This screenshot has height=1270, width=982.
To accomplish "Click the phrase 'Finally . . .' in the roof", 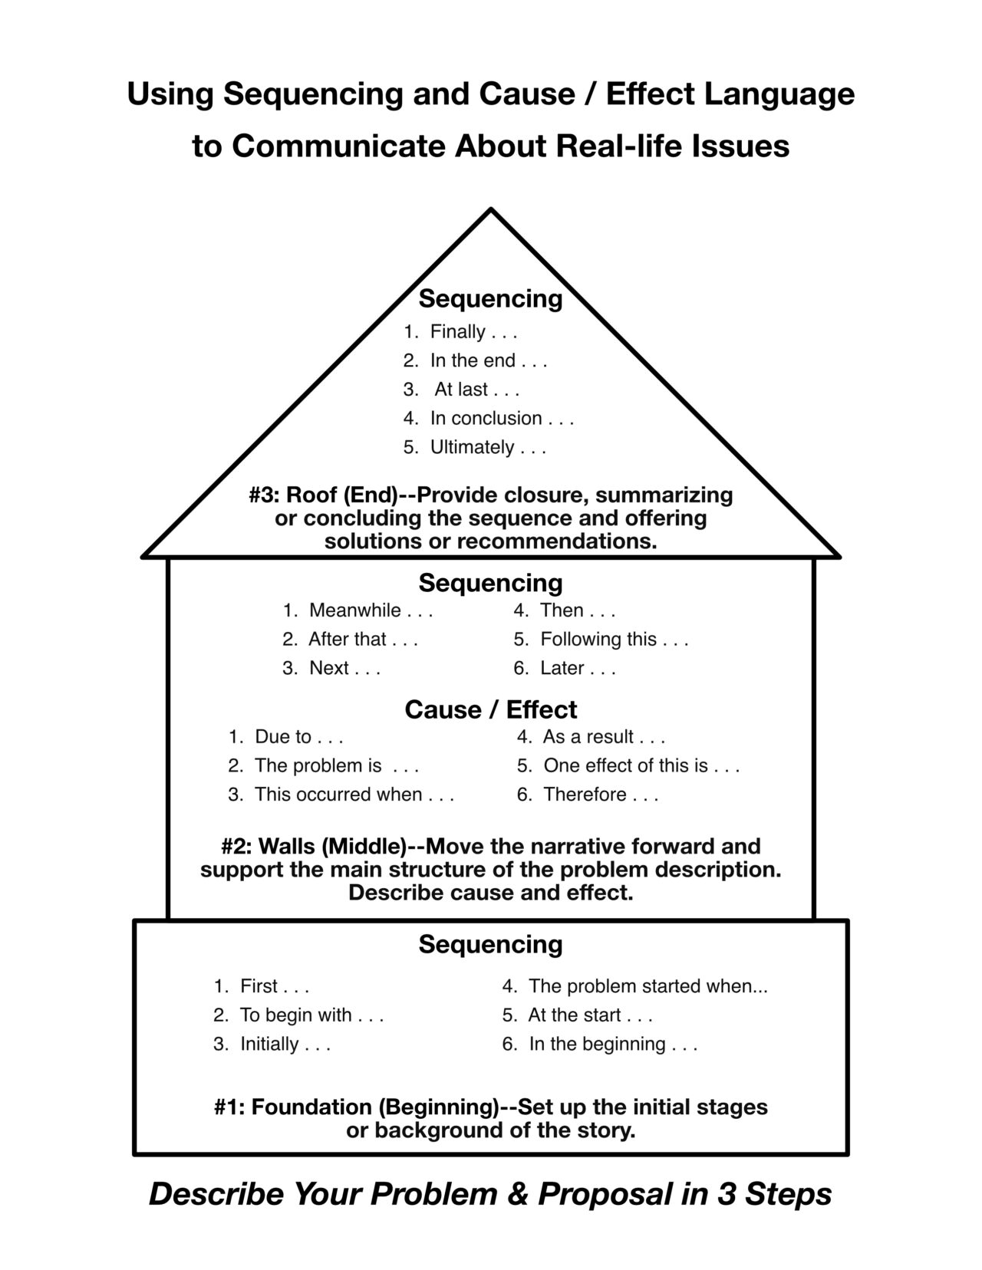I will point(473,332).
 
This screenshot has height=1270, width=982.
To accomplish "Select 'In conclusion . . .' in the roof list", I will point(501,419).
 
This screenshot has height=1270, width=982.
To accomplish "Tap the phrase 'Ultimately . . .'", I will point(487,448).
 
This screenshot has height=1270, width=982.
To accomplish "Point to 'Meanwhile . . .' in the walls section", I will point(371,610).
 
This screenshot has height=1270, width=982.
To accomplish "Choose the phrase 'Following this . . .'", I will point(614,640).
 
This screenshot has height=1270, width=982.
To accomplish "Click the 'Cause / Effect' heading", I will point(490,709).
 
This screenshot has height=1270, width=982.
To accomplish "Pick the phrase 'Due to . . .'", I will point(298,737).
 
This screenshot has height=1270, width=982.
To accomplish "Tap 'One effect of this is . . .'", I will point(641,766).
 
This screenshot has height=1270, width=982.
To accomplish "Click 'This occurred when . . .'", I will point(354,795).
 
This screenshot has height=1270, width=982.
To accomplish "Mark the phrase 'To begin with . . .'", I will point(311,1015).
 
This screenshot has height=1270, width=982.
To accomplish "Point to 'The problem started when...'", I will point(648,986).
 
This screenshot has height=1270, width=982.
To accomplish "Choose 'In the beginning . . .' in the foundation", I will point(612,1045).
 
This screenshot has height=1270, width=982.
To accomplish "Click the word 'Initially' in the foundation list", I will point(269,1045).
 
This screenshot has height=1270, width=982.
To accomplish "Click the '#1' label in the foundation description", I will point(229,1107).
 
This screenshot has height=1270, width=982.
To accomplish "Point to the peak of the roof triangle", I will point(490,209).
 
